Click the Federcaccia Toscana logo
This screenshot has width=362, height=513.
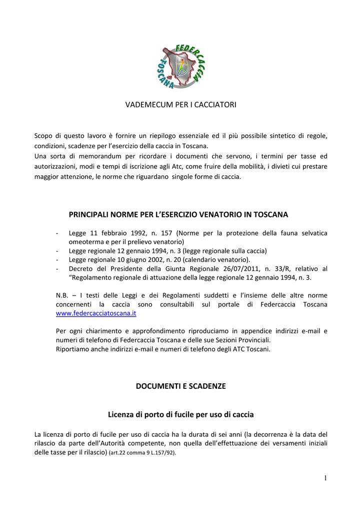point(180,67)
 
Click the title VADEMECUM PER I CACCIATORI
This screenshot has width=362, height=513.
point(180,105)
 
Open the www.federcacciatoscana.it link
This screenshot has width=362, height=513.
point(96,313)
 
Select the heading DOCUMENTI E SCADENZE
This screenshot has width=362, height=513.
point(180,386)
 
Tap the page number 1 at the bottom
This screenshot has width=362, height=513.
point(325,478)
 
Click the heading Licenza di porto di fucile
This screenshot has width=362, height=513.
point(180,415)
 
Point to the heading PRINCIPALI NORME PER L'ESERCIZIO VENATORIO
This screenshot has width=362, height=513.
point(178,214)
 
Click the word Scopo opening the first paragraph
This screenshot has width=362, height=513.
point(43,136)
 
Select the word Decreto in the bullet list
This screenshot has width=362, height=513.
point(81,269)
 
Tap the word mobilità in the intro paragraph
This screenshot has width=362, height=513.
point(253,166)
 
